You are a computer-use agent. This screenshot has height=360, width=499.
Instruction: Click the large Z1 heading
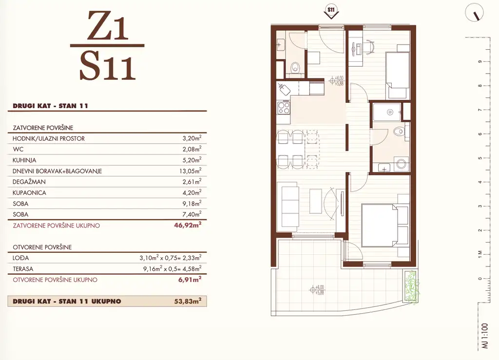108,26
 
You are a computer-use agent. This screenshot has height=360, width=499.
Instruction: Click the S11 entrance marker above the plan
331,12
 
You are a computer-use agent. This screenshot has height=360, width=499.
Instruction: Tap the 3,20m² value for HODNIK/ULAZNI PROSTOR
192,138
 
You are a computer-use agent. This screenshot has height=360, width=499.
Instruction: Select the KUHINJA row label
24,160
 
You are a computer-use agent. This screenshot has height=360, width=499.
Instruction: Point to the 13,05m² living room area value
191,171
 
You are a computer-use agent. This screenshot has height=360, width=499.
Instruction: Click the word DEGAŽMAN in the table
29,182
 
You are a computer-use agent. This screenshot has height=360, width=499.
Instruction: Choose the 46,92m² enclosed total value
188,225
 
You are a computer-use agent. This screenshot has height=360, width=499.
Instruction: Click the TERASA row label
23,269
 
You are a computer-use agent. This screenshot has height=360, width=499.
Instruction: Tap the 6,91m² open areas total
190,279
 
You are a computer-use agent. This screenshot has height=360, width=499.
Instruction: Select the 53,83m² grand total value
188,301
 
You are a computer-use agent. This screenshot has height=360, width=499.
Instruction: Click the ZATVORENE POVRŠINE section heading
43,128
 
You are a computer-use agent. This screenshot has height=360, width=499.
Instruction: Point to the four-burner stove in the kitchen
284,108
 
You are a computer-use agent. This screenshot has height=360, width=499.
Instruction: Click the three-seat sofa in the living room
288,207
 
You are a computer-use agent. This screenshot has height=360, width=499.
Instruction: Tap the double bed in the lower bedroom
385,226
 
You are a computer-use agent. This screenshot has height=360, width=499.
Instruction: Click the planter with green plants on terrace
410,286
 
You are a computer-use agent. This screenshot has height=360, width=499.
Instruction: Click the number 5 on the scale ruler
480,158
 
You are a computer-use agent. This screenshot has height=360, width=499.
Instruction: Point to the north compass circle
474,13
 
